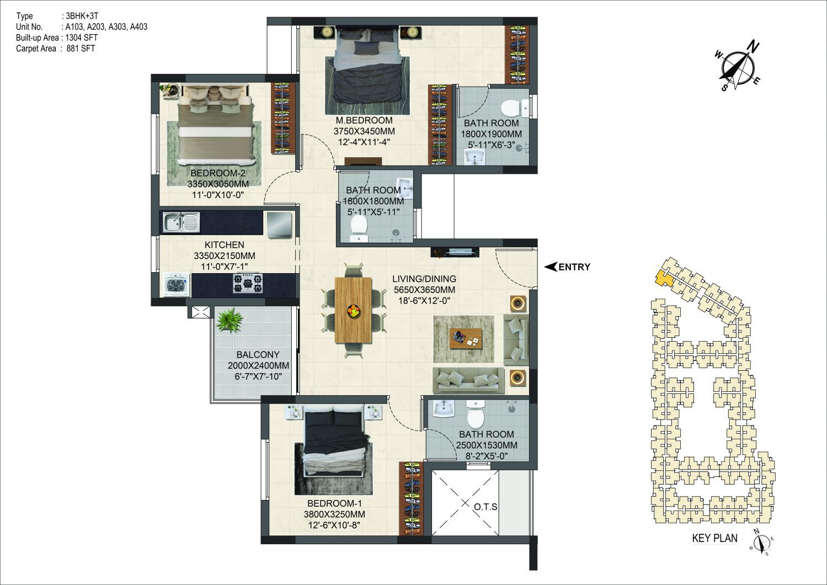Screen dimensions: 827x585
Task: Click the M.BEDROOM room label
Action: tap(364, 120)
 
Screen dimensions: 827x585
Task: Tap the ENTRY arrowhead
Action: tap(551, 267)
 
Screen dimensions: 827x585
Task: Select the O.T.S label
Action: tap(485, 507)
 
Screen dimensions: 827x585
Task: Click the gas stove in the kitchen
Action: tap(248, 283)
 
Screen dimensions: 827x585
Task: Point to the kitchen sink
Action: tap(182, 222)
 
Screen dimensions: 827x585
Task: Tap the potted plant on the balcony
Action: tap(230, 320)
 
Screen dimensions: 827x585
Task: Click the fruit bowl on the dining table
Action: tap(354, 310)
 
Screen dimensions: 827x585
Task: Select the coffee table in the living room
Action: tap(466, 338)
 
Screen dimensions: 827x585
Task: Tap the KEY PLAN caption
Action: tap(715, 538)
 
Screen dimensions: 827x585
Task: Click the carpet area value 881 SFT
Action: tap(81, 49)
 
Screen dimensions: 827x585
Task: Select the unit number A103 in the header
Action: tap(75, 26)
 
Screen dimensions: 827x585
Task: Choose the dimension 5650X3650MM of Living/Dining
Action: tap(424, 290)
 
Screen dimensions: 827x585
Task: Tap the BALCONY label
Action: tap(258, 354)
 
